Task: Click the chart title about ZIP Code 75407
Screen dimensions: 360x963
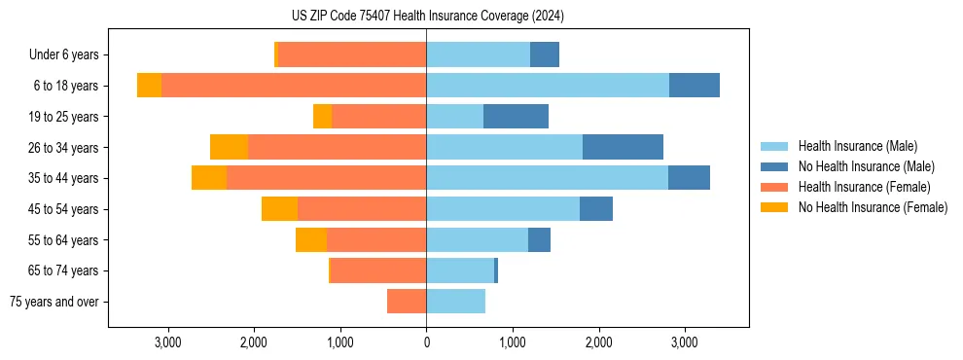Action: [427, 17]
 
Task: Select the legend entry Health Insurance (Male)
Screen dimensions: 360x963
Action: [857, 146]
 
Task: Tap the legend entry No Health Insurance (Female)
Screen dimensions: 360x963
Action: [873, 207]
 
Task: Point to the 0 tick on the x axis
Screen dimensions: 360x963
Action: [426, 342]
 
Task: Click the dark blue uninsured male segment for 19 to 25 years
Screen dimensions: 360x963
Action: [516, 117]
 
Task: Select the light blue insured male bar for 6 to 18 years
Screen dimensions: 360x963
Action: [548, 86]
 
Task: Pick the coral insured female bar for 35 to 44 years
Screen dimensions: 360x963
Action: [326, 178]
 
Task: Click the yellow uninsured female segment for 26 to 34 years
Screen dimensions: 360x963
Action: [230, 147]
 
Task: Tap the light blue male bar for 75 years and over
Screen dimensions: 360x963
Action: [455, 302]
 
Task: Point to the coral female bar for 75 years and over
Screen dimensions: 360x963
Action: [407, 302]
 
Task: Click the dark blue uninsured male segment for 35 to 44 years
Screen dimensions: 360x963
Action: [689, 178]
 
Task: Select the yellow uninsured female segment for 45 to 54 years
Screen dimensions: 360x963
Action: [279, 209]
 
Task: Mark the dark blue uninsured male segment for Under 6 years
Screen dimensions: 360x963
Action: [545, 54]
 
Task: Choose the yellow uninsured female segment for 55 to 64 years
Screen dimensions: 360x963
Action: [311, 239]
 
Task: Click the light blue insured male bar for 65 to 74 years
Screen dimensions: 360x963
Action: [460, 270]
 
